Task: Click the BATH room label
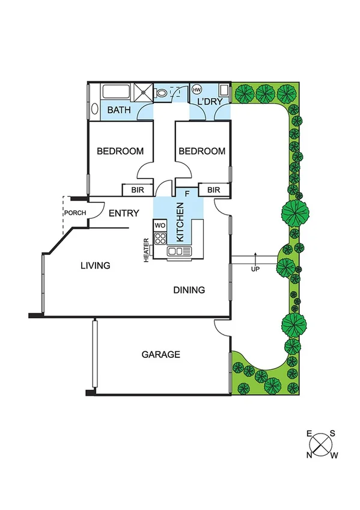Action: (x=119, y=111)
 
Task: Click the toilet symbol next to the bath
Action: (x=161, y=93)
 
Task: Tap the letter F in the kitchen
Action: (x=187, y=194)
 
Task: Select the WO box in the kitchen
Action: (x=160, y=225)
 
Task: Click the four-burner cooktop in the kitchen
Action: (x=160, y=238)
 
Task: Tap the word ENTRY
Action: (x=124, y=213)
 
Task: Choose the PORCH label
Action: (x=75, y=213)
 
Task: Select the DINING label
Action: (x=189, y=290)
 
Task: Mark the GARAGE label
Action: (x=160, y=355)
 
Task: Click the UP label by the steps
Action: (x=255, y=269)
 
